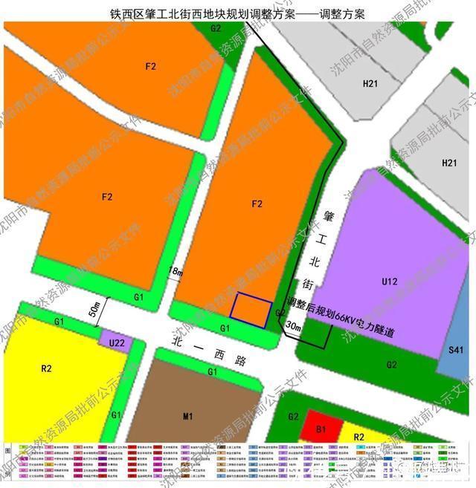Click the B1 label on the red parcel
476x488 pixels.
pos(322,429)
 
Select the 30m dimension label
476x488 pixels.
pos(294,327)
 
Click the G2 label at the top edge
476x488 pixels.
pos(216,28)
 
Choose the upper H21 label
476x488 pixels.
pos(371,84)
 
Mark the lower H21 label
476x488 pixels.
pos(449,163)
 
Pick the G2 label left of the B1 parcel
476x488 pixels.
pos(293,417)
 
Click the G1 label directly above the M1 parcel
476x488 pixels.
pos(212,371)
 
